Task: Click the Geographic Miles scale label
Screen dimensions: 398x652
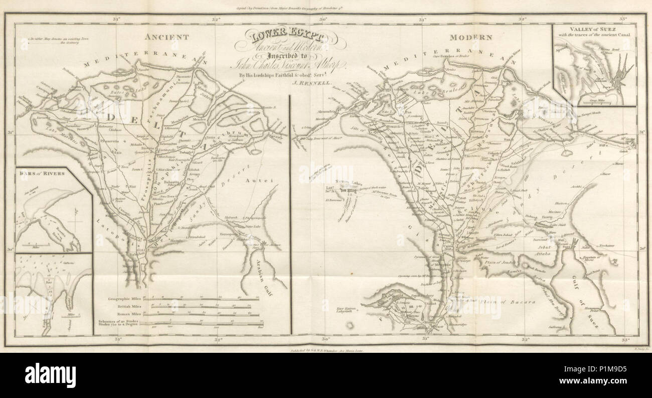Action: [123, 299]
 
